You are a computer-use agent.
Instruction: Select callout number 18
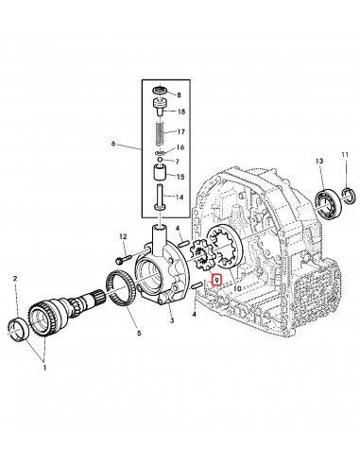tap(181, 112)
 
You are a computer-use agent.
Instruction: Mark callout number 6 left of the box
tap(113, 145)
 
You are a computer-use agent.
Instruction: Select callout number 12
tap(123, 236)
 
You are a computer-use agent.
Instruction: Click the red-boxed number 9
tap(216, 280)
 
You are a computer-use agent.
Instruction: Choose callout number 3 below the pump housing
tap(172, 322)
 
